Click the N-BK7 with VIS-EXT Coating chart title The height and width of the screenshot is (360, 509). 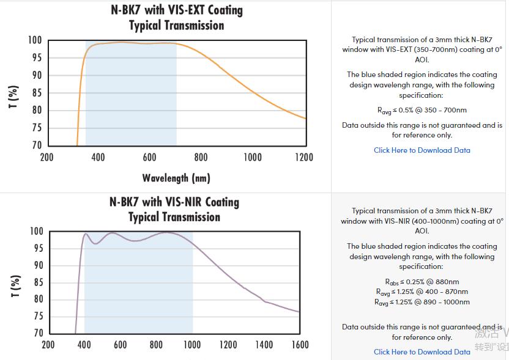(x=176, y=10)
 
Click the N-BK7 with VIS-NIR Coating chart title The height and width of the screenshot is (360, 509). (x=174, y=202)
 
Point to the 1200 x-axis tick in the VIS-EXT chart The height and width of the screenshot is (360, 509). (x=303, y=158)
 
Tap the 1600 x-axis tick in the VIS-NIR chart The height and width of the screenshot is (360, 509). (x=300, y=345)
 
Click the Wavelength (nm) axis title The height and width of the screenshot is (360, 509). (x=176, y=178)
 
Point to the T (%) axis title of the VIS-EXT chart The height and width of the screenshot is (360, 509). (x=14, y=97)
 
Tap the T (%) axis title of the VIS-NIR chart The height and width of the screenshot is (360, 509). (x=15, y=286)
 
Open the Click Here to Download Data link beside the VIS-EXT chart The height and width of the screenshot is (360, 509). (x=422, y=150)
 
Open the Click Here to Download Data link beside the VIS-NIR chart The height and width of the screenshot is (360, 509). (x=422, y=352)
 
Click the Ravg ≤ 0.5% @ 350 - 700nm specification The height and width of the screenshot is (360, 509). (x=422, y=111)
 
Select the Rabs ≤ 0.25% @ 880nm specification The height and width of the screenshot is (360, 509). (x=422, y=282)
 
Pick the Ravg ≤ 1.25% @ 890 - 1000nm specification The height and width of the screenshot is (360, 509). (x=422, y=302)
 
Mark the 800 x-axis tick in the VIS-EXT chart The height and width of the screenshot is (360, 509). (x=201, y=158)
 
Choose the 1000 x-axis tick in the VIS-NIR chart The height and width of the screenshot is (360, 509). (x=192, y=345)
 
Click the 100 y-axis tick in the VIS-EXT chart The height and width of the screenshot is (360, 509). (x=34, y=40)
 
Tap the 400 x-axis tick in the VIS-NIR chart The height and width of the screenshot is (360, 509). (x=84, y=345)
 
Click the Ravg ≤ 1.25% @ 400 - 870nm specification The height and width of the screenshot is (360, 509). (x=422, y=292)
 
